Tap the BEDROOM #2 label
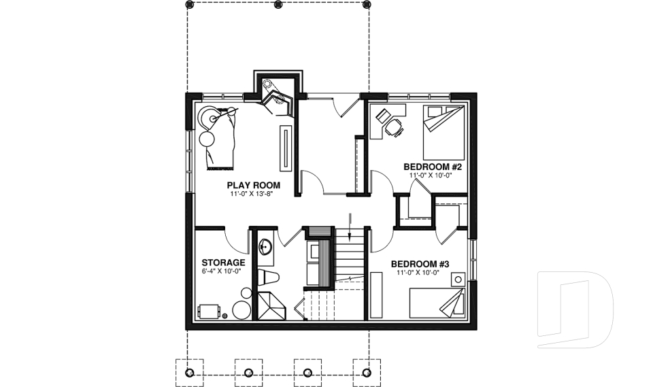click(x=433, y=167)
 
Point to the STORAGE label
click(x=223, y=263)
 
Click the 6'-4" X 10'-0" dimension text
click(x=222, y=271)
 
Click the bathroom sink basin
click(x=265, y=246)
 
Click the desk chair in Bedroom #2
click(x=394, y=126)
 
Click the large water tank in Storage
click(x=241, y=310)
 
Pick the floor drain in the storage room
click(x=226, y=316)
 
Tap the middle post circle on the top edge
click(x=278, y=5)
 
